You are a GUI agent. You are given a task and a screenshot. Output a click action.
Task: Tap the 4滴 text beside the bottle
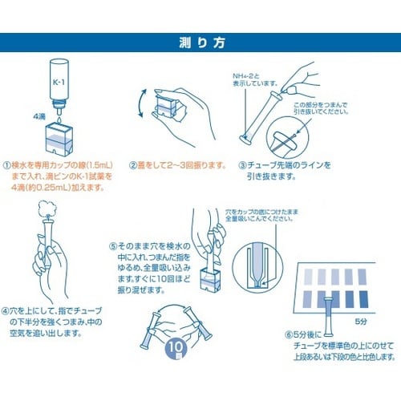39,114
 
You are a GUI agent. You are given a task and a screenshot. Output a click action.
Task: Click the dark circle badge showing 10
176,348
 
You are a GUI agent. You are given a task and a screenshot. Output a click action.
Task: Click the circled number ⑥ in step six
290,334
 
